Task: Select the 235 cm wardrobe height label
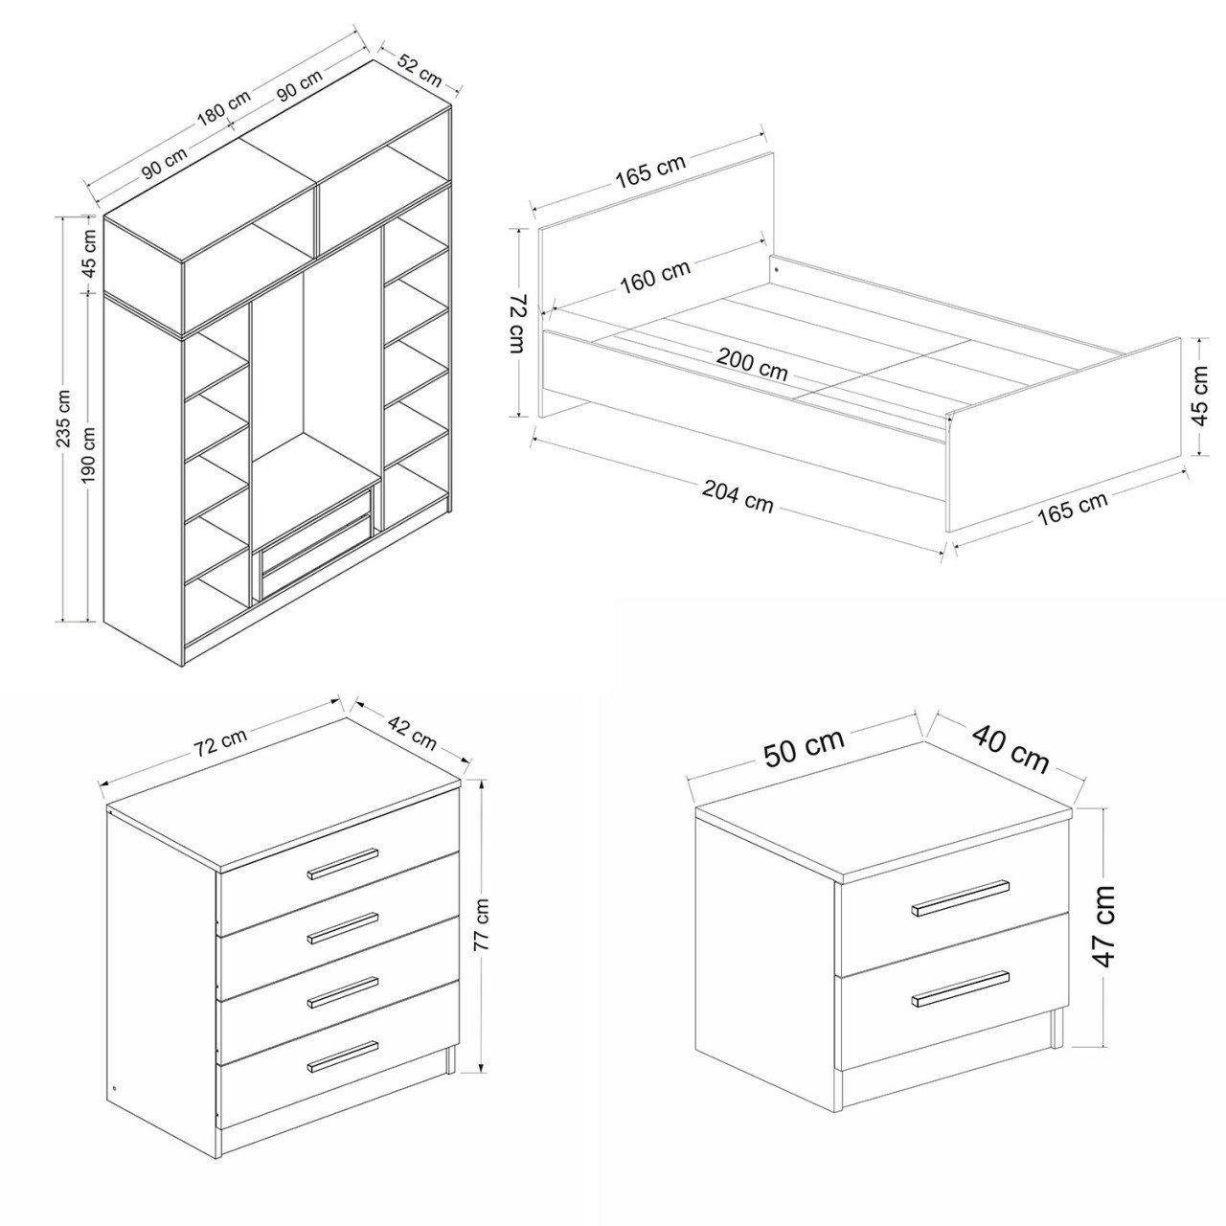tap(65, 418)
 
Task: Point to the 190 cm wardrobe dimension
tap(89, 454)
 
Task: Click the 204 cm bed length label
tap(738, 496)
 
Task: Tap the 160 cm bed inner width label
tap(655, 278)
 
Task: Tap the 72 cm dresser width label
tap(220, 741)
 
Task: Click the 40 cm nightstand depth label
tap(1010, 751)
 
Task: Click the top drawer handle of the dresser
tap(343, 862)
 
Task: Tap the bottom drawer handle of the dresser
tap(343, 1056)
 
